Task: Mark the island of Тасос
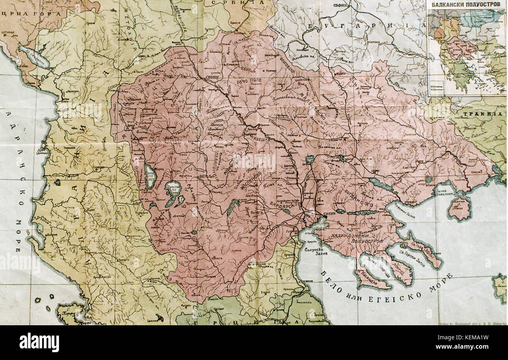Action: (x=459, y=208)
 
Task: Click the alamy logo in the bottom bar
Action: (x=39, y=342)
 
